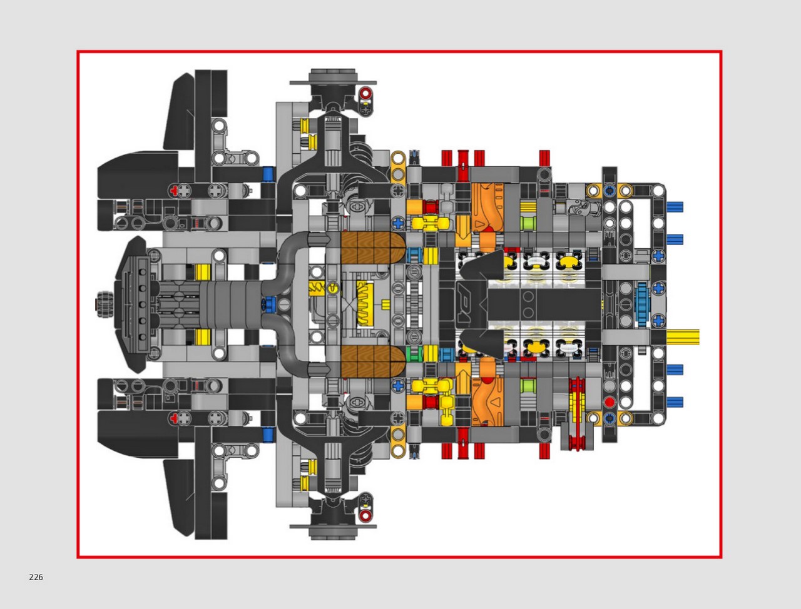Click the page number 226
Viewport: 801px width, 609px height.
click(x=36, y=577)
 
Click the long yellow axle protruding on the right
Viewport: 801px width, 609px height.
click(x=683, y=337)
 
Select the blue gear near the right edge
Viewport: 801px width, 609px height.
click(x=641, y=304)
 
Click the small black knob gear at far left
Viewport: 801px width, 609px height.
click(x=104, y=304)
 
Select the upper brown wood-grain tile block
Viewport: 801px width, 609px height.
click(x=372, y=248)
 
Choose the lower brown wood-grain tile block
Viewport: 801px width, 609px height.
click(x=372, y=361)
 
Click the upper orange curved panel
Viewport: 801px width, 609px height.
click(x=487, y=208)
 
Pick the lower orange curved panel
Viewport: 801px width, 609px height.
click(x=487, y=401)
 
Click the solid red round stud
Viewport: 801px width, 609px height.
click(x=610, y=403)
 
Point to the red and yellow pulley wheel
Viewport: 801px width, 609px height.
click(x=578, y=414)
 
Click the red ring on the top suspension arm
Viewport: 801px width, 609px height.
click(x=365, y=94)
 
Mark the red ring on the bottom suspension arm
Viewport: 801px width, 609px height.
click(x=365, y=515)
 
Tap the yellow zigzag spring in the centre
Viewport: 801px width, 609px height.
click(x=365, y=304)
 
